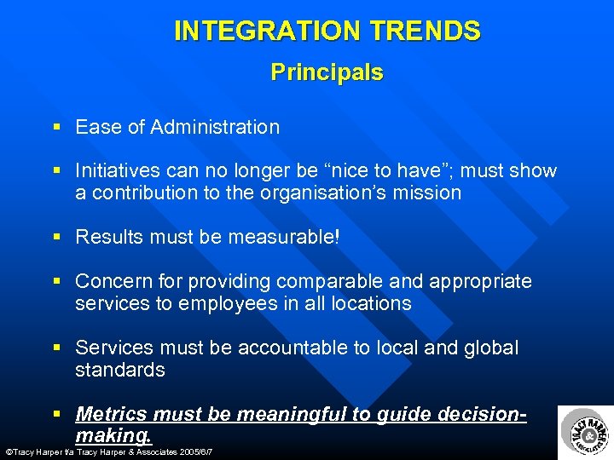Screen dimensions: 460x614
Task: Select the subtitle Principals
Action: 327,72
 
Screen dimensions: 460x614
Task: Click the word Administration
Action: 215,127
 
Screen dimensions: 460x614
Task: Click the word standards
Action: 120,370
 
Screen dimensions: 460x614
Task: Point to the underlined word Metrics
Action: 110,414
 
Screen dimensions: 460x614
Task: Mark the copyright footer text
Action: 108,451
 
